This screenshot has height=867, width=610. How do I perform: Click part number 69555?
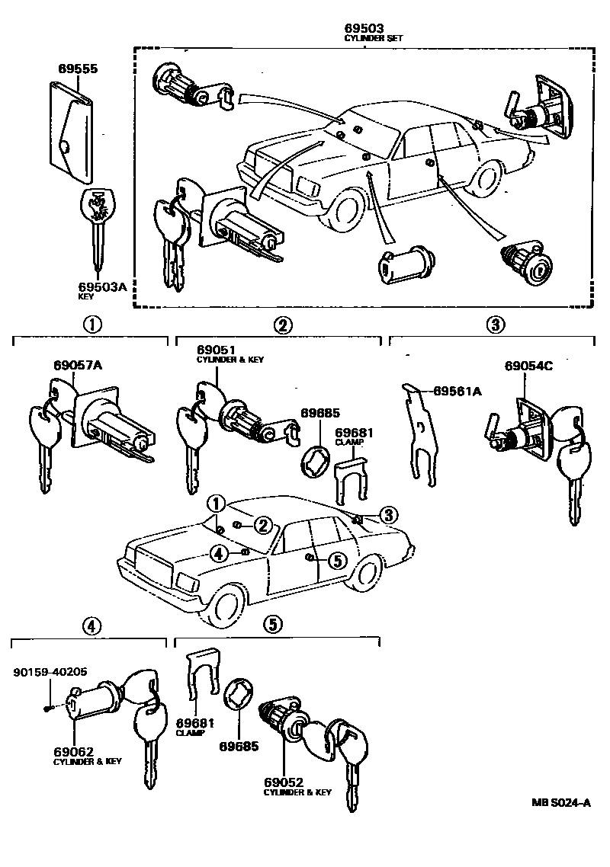click(x=78, y=68)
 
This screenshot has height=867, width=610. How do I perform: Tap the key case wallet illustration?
click(x=72, y=133)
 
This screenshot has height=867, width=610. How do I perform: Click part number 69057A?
click(x=78, y=365)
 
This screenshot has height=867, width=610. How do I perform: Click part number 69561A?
click(x=457, y=391)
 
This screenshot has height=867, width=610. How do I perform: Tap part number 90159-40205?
click(x=50, y=672)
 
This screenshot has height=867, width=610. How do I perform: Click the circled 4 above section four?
click(x=90, y=625)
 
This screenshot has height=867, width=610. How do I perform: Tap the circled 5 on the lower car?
click(x=337, y=560)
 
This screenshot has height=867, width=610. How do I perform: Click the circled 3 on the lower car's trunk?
click(x=388, y=516)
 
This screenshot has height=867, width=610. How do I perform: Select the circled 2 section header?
click(x=281, y=325)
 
